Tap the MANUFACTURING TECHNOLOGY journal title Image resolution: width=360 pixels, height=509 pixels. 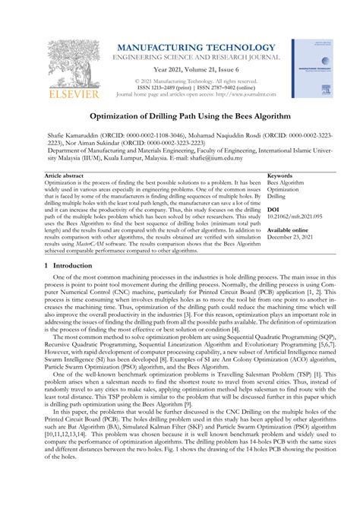pyautogui.click(x=185, y=49)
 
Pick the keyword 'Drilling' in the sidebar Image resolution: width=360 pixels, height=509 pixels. pyautogui.click(x=277, y=196)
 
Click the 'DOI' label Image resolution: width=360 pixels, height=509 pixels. pyautogui.click(x=273, y=209)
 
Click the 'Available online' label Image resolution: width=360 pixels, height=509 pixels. pyautogui.click(x=288, y=229)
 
